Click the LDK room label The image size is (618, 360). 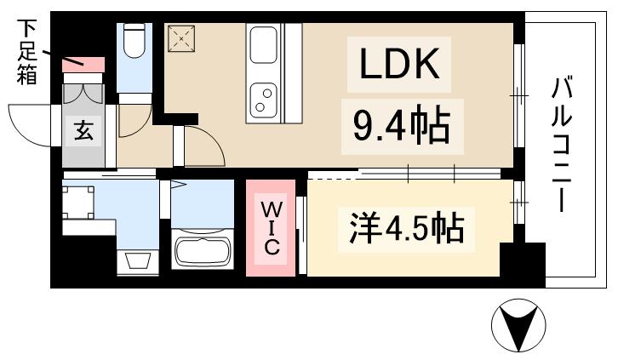point(398,64)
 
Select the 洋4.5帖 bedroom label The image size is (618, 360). point(406,228)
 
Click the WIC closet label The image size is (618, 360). point(270,227)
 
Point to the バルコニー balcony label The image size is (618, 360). point(561,145)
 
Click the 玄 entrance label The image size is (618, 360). point(83,131)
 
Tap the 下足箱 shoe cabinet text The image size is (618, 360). point(26,51)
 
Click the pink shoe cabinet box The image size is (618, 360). point(84,65)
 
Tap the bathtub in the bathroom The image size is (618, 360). point(203,252)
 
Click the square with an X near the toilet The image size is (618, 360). point(180,38)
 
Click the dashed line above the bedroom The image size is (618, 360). point(332,177)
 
